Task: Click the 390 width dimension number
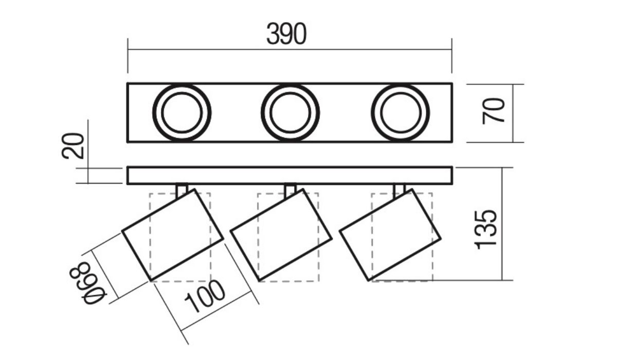286,34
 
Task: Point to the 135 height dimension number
485,229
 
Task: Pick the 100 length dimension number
206,297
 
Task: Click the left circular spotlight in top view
182,113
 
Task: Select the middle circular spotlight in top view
290,113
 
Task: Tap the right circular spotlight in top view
401,113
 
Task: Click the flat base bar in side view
289,175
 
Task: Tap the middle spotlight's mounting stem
290,190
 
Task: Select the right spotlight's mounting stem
400,190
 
